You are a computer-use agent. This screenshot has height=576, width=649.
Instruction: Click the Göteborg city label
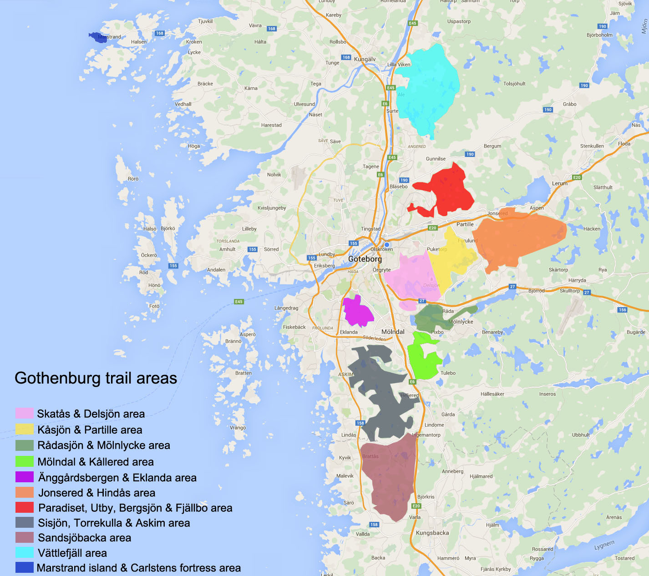point(365,259)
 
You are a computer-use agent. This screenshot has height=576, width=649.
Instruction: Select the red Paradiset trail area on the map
point(448,191)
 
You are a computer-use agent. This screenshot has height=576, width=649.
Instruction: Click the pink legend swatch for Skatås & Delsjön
point(24,413)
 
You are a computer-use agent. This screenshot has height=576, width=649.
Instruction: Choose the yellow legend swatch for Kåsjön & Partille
point(24,429)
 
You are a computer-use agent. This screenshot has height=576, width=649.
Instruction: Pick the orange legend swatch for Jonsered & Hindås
point(24,492)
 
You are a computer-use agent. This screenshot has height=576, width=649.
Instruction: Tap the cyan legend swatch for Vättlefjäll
point(24,552)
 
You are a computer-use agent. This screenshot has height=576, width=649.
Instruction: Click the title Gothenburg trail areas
point(96,378)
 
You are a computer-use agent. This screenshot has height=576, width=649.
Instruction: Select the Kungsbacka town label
point(432,533)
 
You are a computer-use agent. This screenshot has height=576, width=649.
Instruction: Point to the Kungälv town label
point(365,59)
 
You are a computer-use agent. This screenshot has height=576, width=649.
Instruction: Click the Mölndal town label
point(393,332)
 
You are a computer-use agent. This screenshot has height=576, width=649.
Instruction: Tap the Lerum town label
point(559,183)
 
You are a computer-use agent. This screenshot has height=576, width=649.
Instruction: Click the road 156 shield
point(622,310)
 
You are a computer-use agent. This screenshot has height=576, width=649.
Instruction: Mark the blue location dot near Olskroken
point(387,244)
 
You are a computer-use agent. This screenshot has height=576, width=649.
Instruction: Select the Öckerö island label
point(149,255)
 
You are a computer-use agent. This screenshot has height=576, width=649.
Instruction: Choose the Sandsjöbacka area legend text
point(84,538)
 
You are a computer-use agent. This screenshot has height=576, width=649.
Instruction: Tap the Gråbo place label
point(569,104)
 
